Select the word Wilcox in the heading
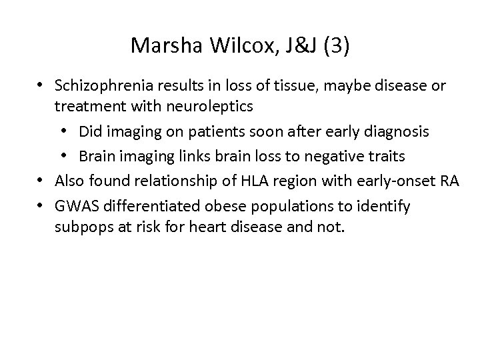tap(231, 46)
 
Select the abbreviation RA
tap(450, 181)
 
